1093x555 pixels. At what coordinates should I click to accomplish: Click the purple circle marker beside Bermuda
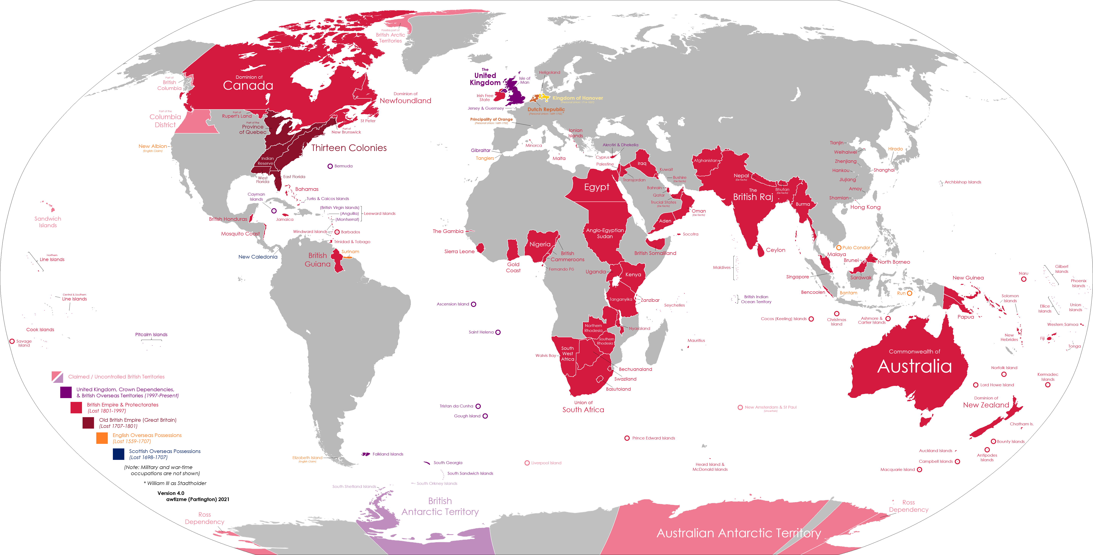pyautogui.click(x=330, y=166)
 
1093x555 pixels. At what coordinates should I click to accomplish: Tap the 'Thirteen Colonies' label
pyautogui.click(x=349, y=148)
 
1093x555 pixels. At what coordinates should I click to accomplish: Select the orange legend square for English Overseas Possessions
pyautogui.click(x=102, y=438)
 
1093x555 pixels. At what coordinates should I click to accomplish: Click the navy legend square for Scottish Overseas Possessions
pyautogui.click(x=118, y=454)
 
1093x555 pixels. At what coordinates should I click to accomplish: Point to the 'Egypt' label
pyautogui.click(x=597, y=187)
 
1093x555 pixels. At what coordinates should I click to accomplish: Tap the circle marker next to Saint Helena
pyautogui.click(x=498, y=332)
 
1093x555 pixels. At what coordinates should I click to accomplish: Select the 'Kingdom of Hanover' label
pyautogui.click(x=577, y=98)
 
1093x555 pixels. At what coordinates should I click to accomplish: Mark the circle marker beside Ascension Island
pyautogui.click(x=474, y=304)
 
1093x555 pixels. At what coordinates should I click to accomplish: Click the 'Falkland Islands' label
pyautogui.click(x=388, y=454)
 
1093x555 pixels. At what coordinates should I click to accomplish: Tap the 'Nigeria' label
pyautogui.click(x=540, y=244)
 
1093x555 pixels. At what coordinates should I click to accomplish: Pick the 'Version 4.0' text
pyautogui.click(x=171, y=493)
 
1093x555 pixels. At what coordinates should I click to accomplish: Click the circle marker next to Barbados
pyautogui.click(x=337, y=232)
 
